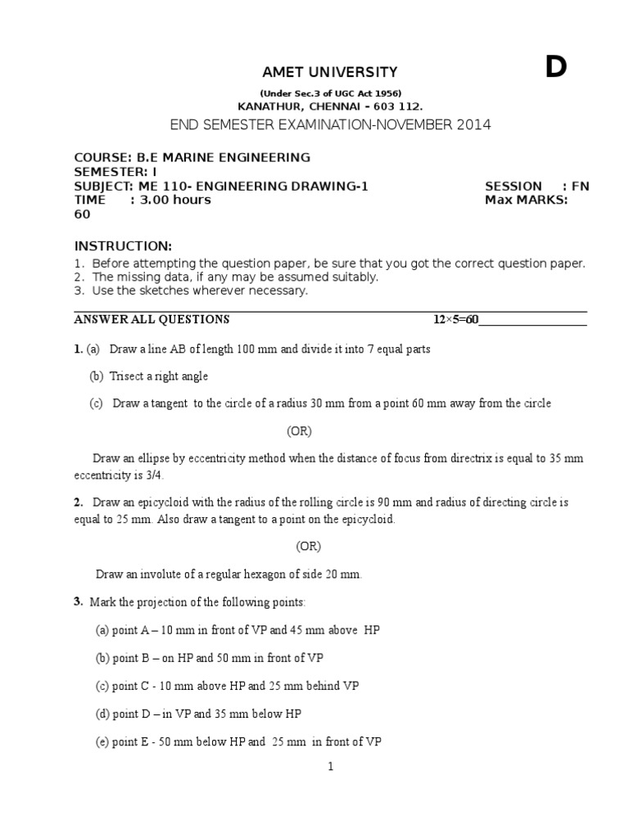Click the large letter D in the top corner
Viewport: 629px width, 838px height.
pyautogui.click(x=556, y=69)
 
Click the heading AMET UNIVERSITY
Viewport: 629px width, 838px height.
pyautogui.click(x=318, y=73)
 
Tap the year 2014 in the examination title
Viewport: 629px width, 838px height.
pyautogui.click(x=474, y=124)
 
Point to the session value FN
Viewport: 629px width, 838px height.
pyautogui.click(x=580, y=186)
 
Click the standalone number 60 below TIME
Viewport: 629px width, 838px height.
pyautogui.click(x=82, y=214)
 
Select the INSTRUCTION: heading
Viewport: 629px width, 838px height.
pyautogui.click(x=123, y=246)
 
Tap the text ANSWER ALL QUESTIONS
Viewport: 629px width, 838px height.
pyautogui.click(x=152, y=319)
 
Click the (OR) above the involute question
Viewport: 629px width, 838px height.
pyautogui.click(x=309, y=546)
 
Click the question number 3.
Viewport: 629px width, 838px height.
pyautogui.click(x=78, y=602)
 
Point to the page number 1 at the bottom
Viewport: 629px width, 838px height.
pyautogui.click(x=330, y=768)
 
